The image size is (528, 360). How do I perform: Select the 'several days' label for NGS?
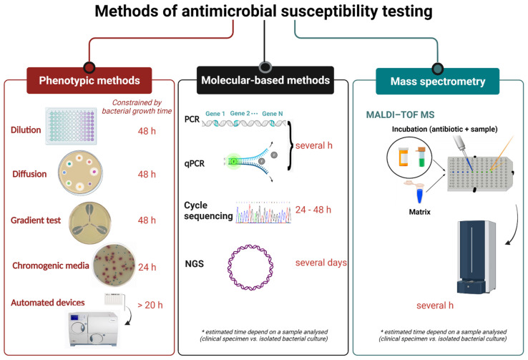321,263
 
